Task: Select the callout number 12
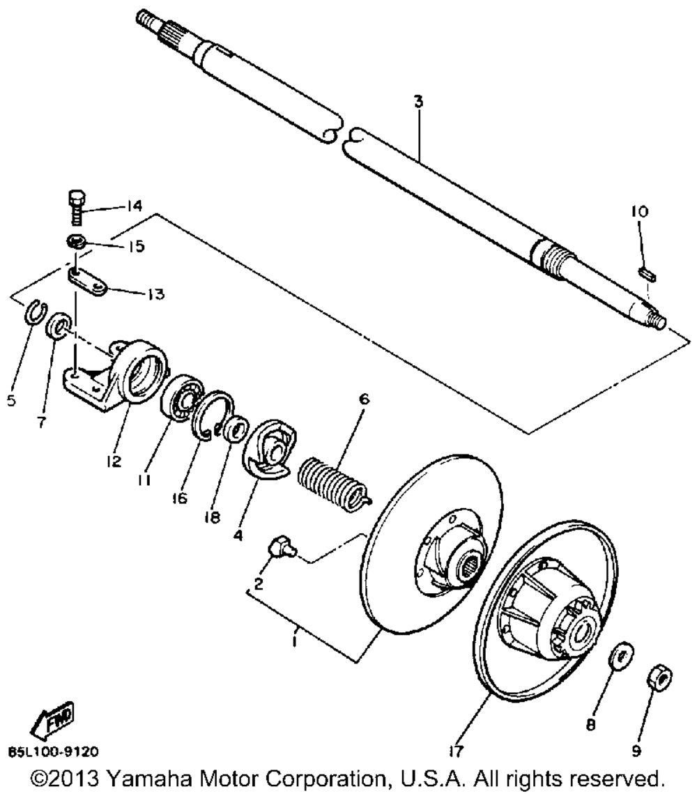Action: point(113,461)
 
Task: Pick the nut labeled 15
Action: point(77,243)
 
